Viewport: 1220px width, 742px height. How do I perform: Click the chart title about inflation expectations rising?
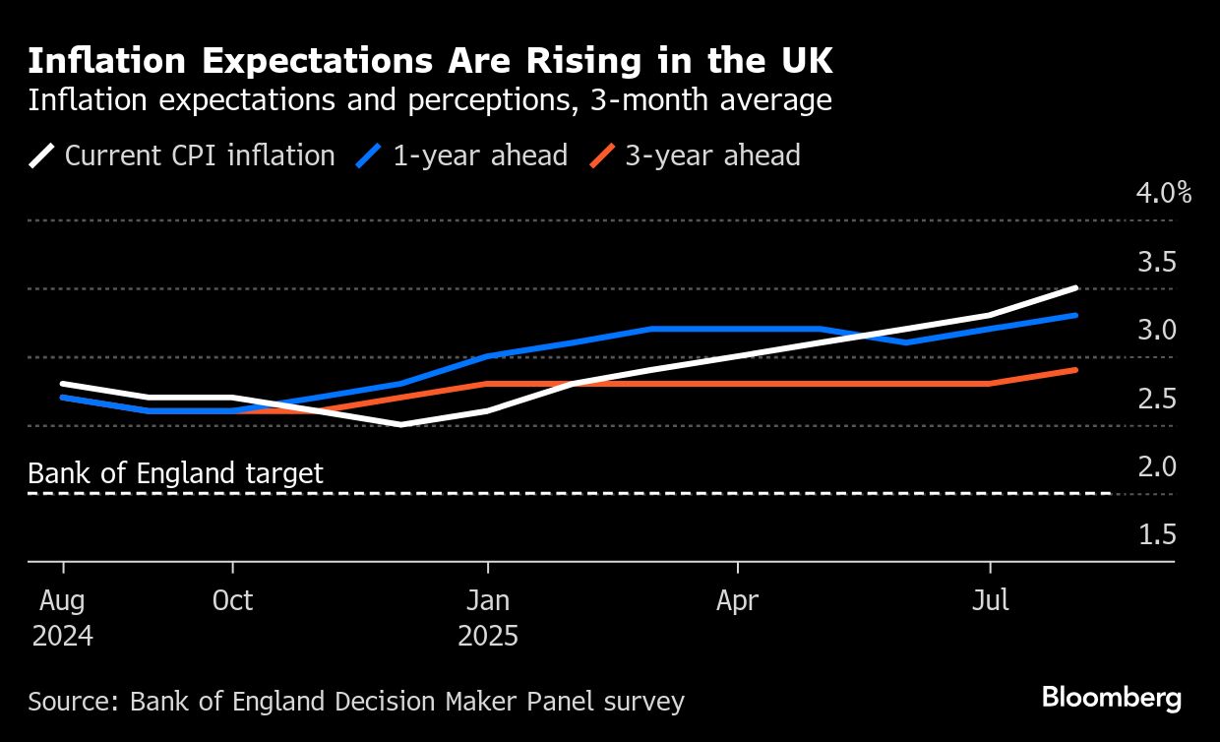point(430,61)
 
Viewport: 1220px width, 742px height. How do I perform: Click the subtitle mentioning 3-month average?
point(430,100)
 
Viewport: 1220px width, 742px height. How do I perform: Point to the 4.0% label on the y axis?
point(1164,192)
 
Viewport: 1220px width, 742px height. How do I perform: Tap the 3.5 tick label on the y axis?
point(1157,263)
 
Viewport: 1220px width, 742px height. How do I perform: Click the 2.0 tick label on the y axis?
point(1157,465)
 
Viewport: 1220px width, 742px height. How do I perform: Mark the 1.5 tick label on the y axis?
point(1157,534)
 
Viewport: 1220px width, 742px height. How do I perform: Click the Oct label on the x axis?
point(233,600)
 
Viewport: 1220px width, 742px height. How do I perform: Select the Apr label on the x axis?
point(738,600)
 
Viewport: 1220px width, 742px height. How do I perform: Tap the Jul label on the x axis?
point(990,600)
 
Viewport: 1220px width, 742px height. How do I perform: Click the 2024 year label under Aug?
point(63,636)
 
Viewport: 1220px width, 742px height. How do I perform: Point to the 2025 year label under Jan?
point(488,636)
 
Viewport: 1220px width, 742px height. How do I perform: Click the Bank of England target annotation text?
point(175,473)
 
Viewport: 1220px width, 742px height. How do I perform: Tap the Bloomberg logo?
point(1112,699)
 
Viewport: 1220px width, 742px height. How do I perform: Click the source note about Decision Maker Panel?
point(355,702)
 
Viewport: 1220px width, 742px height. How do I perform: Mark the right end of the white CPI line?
point(1076,288)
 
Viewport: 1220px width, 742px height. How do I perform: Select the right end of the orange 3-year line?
point(1076,370)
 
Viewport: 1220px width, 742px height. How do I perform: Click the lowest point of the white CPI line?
point(401,424)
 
